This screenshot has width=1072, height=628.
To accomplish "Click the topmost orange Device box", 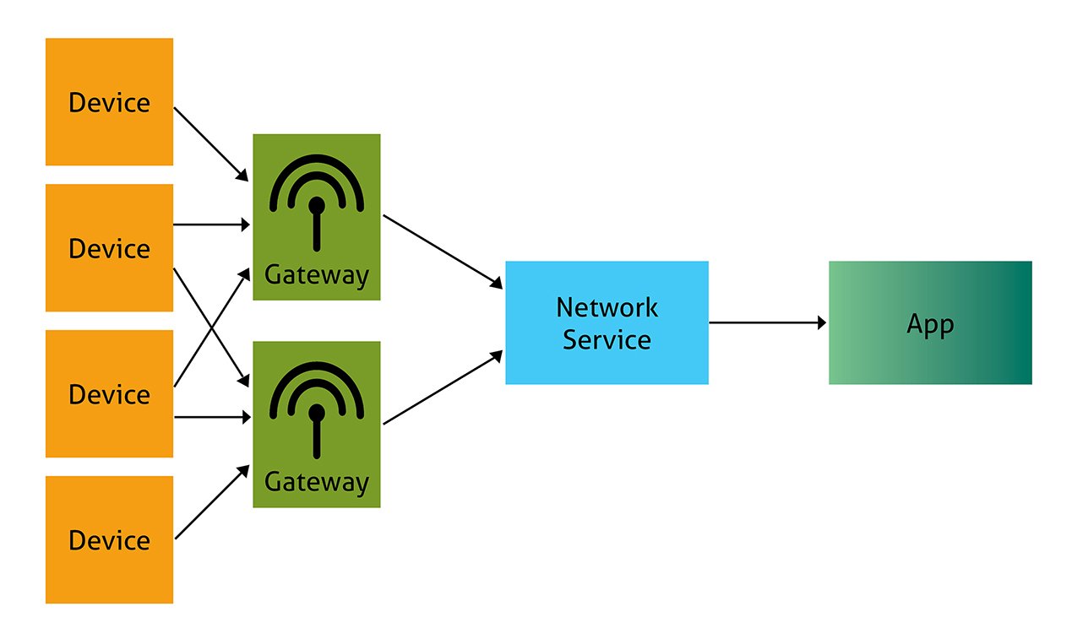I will click(x=109, y=101).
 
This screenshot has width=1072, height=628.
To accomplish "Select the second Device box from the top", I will click(x=109, y=247).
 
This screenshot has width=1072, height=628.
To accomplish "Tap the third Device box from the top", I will click(x=109, y=393).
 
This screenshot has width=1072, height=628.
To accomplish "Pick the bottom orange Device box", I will click(x=109, y=539).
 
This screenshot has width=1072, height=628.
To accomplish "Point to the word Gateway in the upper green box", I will click(x=316, y=274).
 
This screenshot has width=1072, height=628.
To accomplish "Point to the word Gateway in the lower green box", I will click(x=316, y=482).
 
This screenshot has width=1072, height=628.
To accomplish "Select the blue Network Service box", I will click(x=607, y=322).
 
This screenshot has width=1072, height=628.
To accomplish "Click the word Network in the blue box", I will click(x=607, y=306).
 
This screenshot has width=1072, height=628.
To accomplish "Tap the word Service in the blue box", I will click(x=607, y=339).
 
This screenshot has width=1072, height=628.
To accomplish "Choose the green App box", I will click(x=929, y=322).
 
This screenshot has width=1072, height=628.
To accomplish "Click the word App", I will click(x=929, y=325).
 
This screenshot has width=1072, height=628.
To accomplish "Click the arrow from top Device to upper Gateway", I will click(x=210, y=144).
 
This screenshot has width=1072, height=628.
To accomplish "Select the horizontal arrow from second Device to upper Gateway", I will click(x=211, y=225).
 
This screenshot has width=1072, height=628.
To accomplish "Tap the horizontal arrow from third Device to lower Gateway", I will click(x=211, y=417).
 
